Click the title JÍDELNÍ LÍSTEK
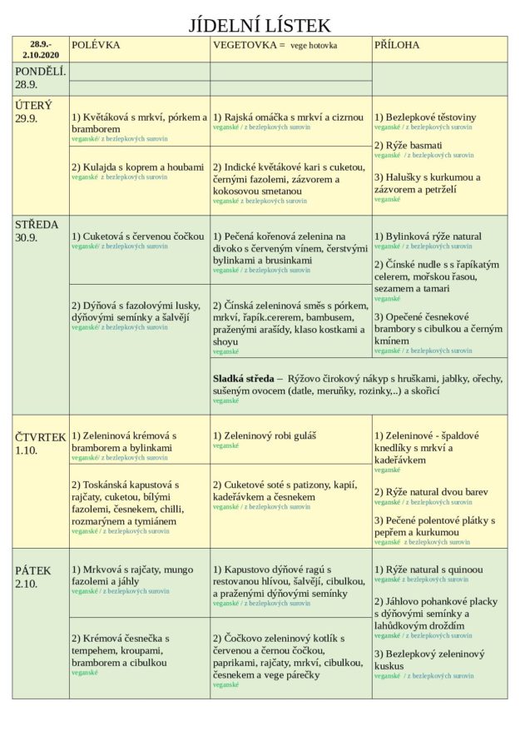(260, 25)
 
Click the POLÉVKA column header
(96, 45)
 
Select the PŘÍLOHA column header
(397, 45)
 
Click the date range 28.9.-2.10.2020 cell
(41, 49)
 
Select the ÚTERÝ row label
(33, 106)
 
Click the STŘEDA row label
(37, 225)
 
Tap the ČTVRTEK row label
(41, 436)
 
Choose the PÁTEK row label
(33, 570)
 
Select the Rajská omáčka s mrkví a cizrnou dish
(289, 117)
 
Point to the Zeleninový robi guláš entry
(265, 435)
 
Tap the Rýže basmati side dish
(409, 146)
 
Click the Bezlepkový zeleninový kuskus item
(429, 660)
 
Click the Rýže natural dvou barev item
(431, 492)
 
